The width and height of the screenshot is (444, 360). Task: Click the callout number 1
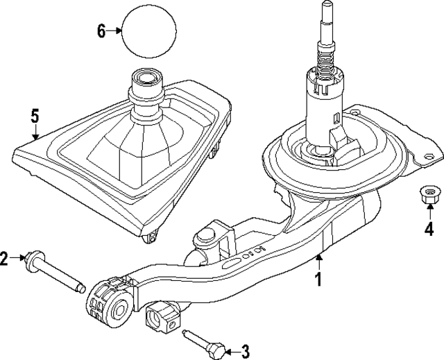point(318,281)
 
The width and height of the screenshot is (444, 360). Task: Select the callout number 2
point(6,259)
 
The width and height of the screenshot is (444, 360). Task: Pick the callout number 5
point(35,114)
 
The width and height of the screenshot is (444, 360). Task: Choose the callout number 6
point(101,31)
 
